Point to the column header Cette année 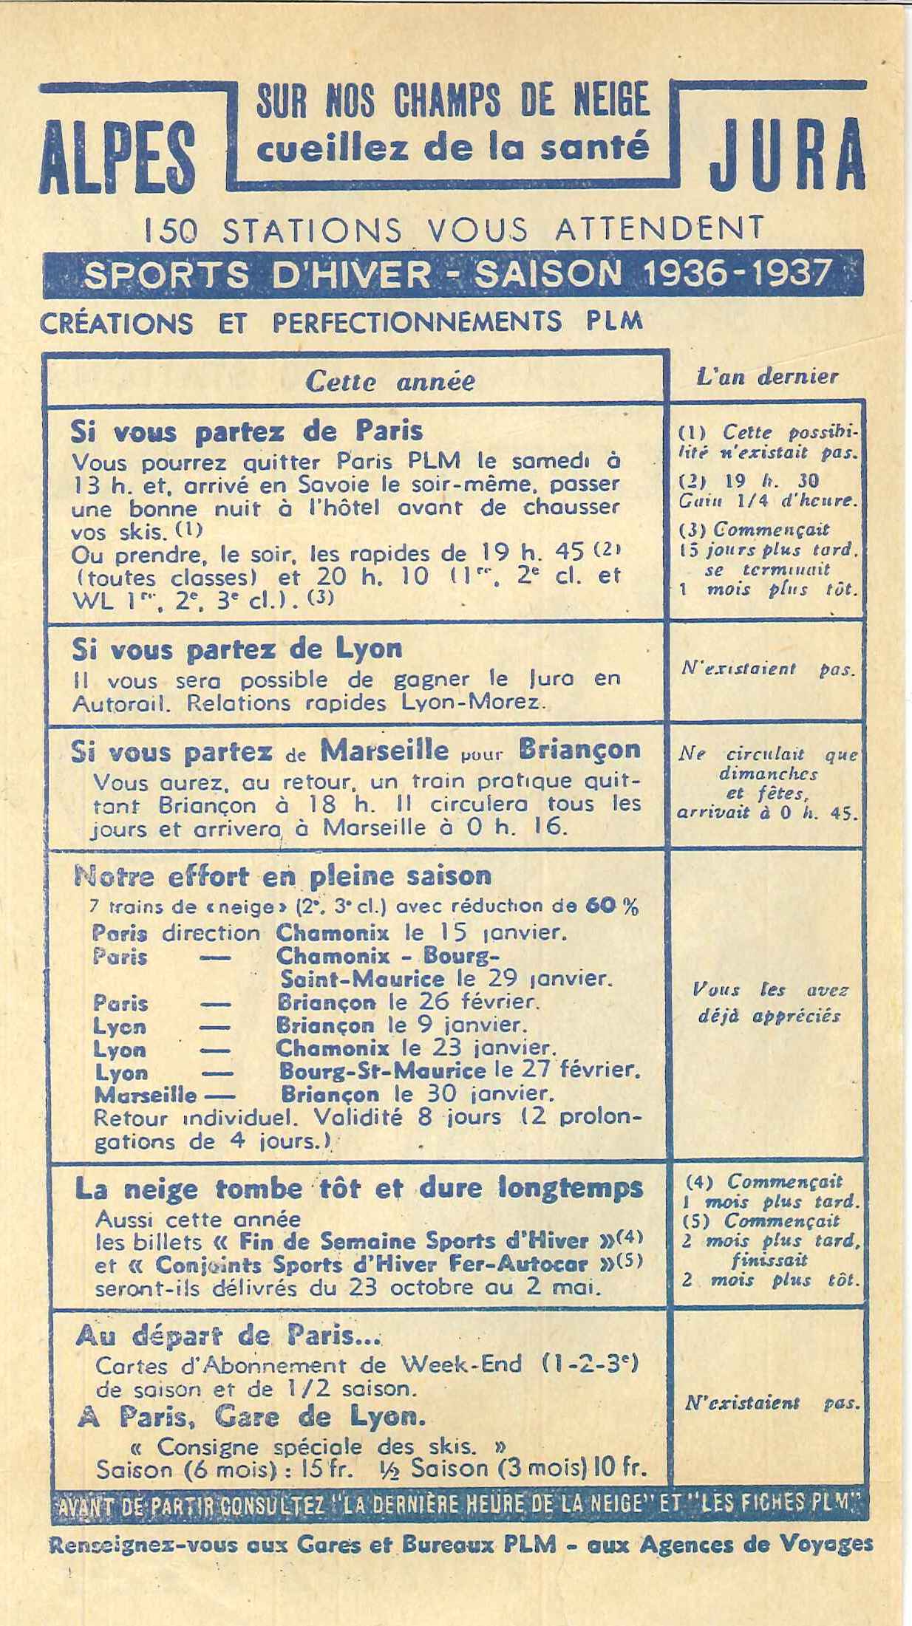pyautogui.click(x=389, y=382)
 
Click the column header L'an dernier pyautogui.click(x=766, y=376)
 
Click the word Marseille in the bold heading pyautogui.click(x=384, y=751)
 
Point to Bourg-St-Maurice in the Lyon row pyautogui.click(x=381, y=1070)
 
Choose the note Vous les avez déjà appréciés pyautogui.click(x=769, y=1002)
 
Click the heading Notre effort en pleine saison pyautogui.click(x=282, y=875)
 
